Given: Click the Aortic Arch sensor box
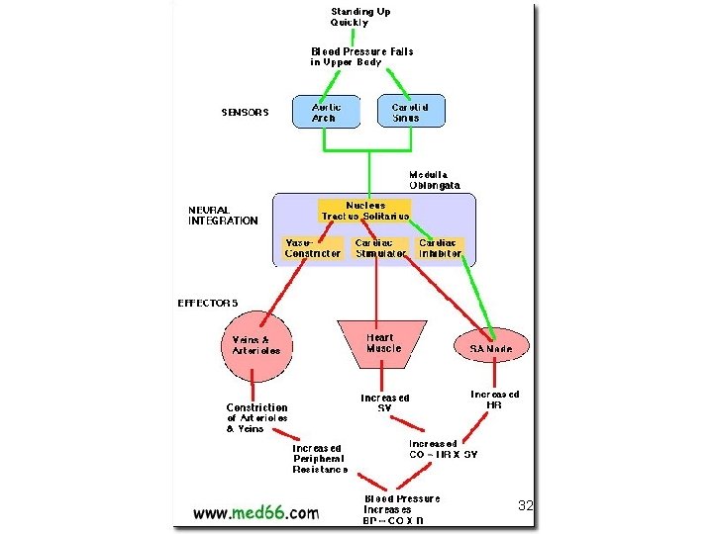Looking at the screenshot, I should pyautogui.click(x=324, y=111).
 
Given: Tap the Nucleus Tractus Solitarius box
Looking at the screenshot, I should pyautogui.click(x=364, y=211).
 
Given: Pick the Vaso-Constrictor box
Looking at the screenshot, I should pyautogui.click(x=313, y=247).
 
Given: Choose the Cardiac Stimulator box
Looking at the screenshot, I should pyautogui.click(x=381, y=247).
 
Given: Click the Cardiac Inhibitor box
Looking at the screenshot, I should pyautogui.click(x=440, y=247).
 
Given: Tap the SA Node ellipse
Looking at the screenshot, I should pyautogui.click(x=492, y=345).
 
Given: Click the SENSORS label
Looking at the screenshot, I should pyautogui.click(x=245, y=113).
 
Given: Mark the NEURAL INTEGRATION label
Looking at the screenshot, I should pyautogui.click(x=223, y=216).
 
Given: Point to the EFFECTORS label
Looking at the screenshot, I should pyautogui.click(x=208, y=303).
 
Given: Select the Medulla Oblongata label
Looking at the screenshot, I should pyautogui.click(x=435, y=180).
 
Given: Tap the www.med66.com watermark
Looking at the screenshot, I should pyautogui.click(x=255, y=512).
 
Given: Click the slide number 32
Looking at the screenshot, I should pyautogui.click(x=526, y=505).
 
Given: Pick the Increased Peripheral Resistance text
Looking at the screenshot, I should pyautogui.click(x=319, y=459).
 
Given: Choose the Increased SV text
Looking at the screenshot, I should pyautogui.click(x=385, y=403).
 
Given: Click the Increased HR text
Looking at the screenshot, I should pyautogui.click(x=494, y=400).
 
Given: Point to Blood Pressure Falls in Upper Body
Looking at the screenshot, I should pyautogui.click(x=361, y=56).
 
